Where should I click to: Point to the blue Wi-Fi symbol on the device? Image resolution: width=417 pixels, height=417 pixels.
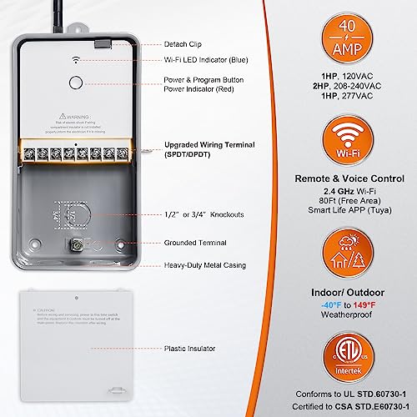(75, 60)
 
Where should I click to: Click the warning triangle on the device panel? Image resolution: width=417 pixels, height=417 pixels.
(63, 118)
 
